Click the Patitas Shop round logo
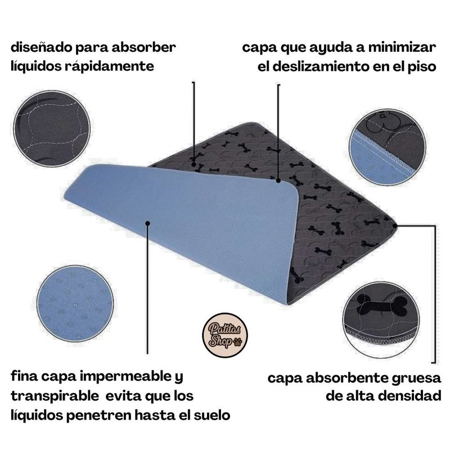coord(225,335)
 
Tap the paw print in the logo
coord(238,342)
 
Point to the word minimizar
coord(402,47)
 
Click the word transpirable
coord(55,396)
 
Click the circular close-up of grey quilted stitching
coord(52,128)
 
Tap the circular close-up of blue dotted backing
coord(75,304)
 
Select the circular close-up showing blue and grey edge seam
coord(388,147)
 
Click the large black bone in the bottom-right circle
coord(382,306)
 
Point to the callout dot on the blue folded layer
coord(147,223)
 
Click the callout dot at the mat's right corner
coord(395,226)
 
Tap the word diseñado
coord(41,47)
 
